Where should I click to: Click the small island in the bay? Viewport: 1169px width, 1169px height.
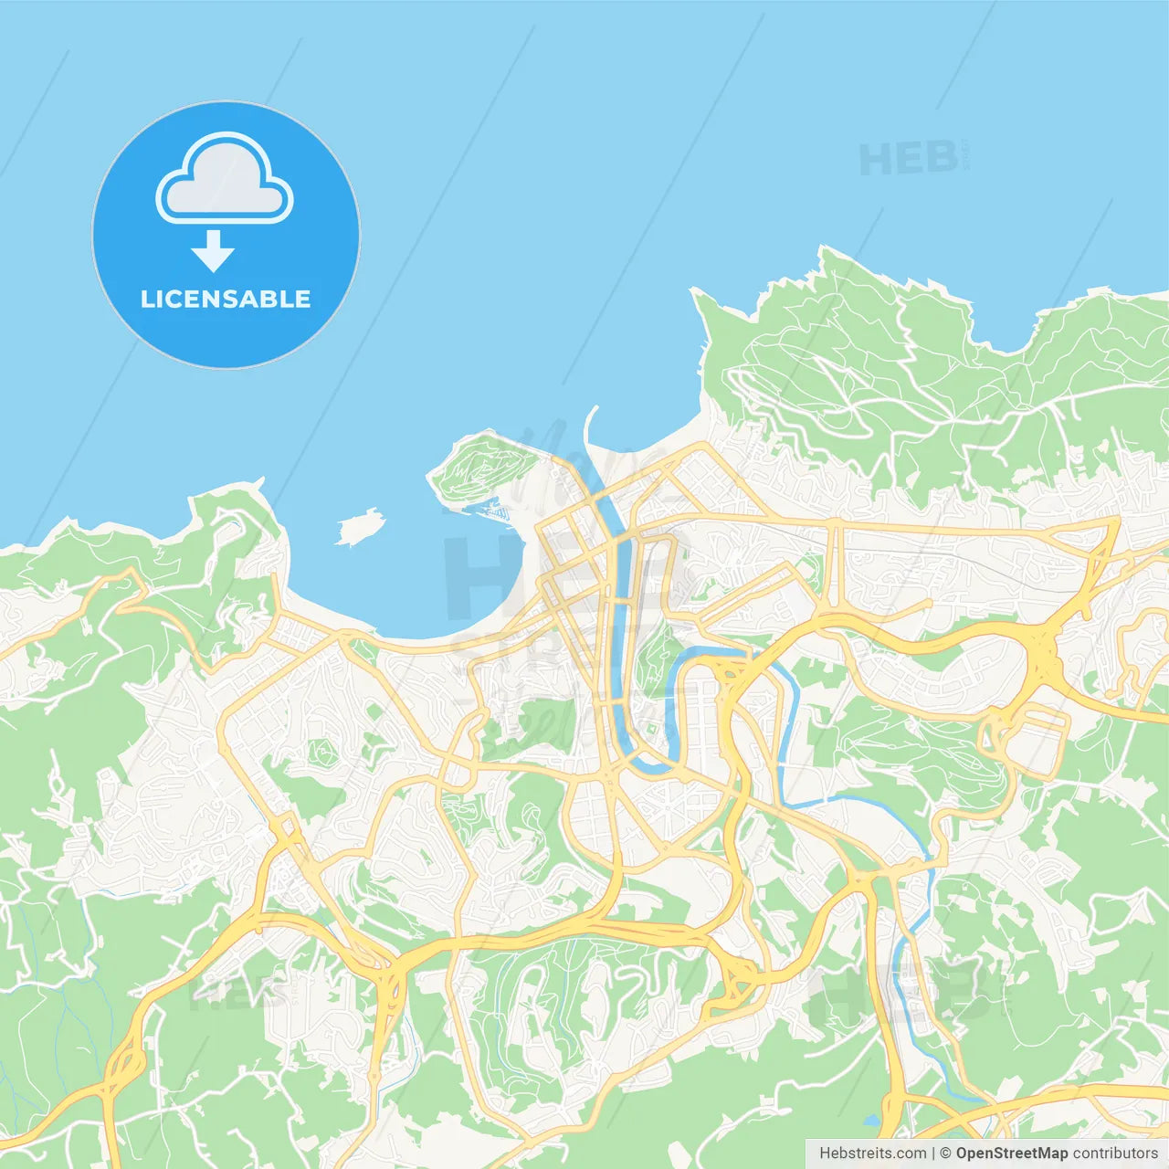tap(359, 526)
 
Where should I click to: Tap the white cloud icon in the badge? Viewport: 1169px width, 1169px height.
tap(225, 179)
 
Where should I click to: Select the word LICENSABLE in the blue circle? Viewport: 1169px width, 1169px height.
tap(226, 299)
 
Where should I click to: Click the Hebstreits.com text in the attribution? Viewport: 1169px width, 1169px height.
tap(872, 1153)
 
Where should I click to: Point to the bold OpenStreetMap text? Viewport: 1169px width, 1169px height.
tap(1011, 1153)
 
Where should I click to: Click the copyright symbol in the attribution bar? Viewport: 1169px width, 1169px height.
tap(945, 1153)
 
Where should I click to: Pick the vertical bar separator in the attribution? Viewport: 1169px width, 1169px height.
tap(933, 1153)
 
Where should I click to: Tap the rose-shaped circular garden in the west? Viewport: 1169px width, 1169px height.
tap(321, 753)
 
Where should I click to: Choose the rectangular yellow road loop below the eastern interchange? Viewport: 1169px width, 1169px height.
tap(1037, 744)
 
